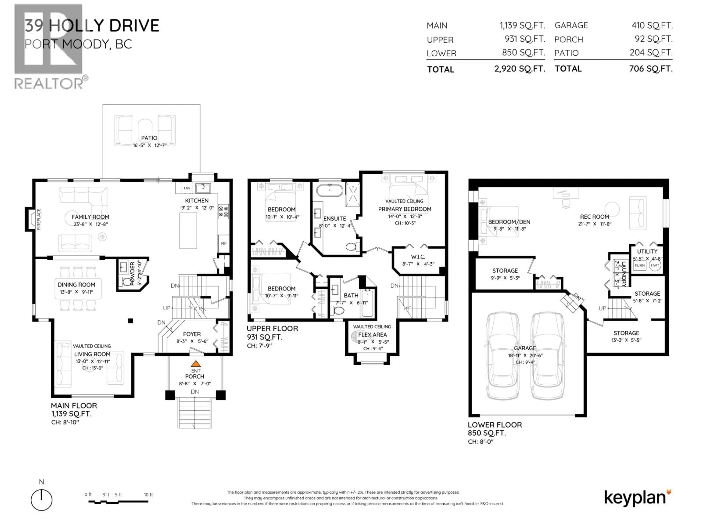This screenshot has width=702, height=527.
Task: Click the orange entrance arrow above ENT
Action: click(x=195, y=364)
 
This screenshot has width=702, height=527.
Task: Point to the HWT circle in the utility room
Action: click(x=655, y=265)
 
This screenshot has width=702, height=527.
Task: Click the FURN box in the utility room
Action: click(x=639, y=265)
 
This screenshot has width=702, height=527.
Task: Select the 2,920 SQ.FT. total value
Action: click(x=520, y=69)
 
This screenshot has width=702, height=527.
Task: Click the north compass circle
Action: click(x=41, y=500)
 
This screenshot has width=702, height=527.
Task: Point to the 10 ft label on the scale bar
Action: click(x=148, y=495)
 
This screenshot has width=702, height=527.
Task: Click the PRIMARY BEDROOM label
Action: click(x=404, y=209)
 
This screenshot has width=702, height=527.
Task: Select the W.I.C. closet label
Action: click(x=418, y=257)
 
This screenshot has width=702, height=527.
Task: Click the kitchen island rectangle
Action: click(x=188, y=231)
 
